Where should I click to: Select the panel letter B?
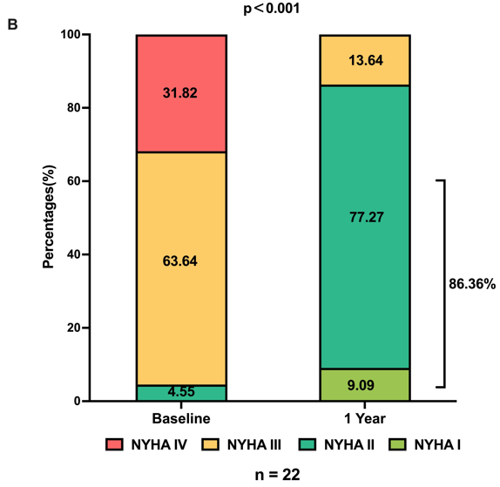point(12,24)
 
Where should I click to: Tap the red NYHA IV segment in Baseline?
point(181,92)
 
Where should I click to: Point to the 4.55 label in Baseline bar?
point(181,393)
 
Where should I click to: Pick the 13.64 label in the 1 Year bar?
point(364,60)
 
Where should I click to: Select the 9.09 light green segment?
point(364,384)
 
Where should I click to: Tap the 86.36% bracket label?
point(471,285)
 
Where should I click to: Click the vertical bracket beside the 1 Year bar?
point(444,283)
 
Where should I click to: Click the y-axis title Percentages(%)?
point(50,219)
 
